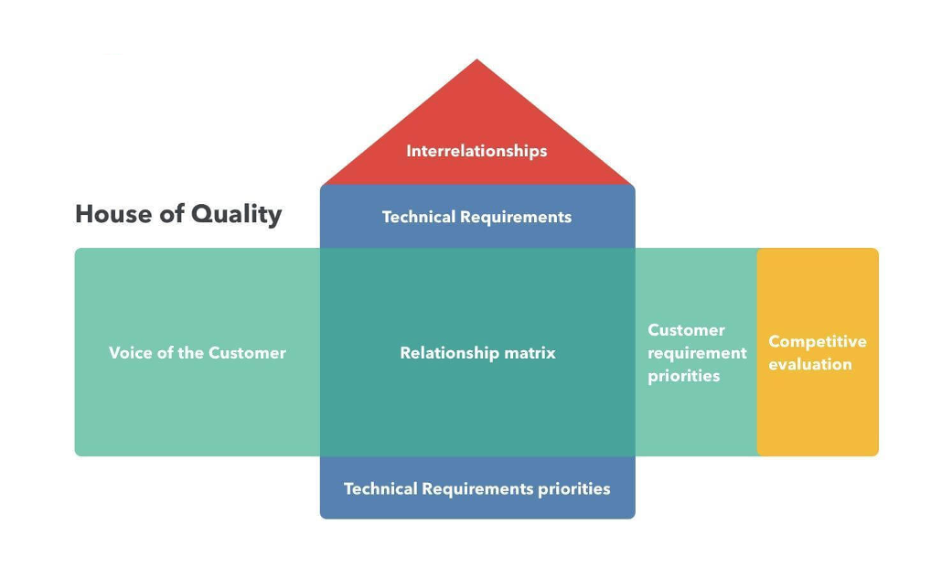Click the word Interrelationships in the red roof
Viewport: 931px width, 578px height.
point(476,151)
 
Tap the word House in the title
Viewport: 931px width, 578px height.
point(113,214)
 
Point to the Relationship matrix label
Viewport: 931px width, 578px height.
point(478,353)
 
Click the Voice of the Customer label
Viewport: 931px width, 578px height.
point(198,353)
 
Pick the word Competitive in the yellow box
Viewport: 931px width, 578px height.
point(818,341)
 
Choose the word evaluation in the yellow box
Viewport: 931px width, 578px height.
point(810,364)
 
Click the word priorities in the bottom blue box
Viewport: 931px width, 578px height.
point(573,489)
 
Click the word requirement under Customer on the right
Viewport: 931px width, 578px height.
point(697,353)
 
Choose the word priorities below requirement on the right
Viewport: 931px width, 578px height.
point(683,376)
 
